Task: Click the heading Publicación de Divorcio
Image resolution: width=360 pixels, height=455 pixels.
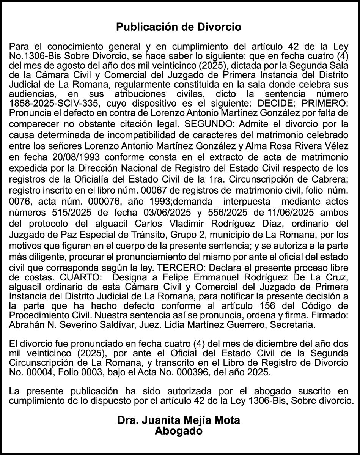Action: tap(179, 27)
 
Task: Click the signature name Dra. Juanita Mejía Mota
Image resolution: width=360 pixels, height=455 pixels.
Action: tap(179, 420)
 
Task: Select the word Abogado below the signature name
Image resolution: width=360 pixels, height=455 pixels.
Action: tap(179, 431)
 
